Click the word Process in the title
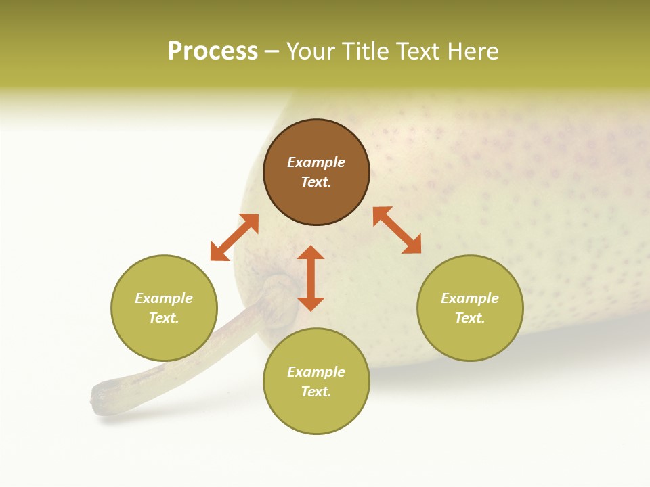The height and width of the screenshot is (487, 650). click(213, 51)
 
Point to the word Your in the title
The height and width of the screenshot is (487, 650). click(312, 51)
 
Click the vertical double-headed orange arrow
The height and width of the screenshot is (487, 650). click(311, 278)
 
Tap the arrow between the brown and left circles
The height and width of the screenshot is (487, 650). click(234, 237)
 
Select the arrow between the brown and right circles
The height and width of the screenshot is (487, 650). click(397, 230)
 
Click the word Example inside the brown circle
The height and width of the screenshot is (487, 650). click(316, 162)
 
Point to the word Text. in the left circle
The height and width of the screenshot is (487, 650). click(164, 318)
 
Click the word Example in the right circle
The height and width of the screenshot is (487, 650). click(470, 298)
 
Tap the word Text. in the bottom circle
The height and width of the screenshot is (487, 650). click(316, 392)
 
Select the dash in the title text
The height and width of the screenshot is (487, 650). click(272, 52)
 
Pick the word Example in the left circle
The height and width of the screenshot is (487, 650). click(164, 298)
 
